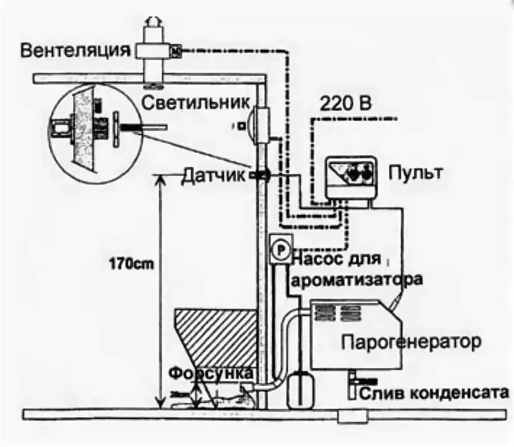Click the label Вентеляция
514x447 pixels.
(x=75, y=51)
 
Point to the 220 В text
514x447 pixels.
(x=346, y=102)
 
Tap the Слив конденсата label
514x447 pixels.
(x=434, y=393)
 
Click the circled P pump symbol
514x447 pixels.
(x=281, y=249)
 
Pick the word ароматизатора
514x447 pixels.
(x=357, y=279)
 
